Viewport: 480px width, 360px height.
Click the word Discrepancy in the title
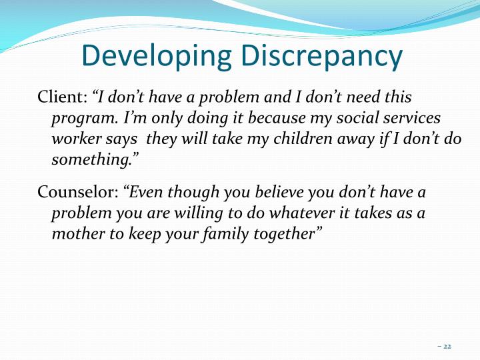pos(322,57)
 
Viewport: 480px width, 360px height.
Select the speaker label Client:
pos(62,97)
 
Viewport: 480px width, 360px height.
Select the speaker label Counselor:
pos(77,193)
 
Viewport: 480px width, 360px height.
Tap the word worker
pos(73,139)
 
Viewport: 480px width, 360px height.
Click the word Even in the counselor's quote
pos(145,193)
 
